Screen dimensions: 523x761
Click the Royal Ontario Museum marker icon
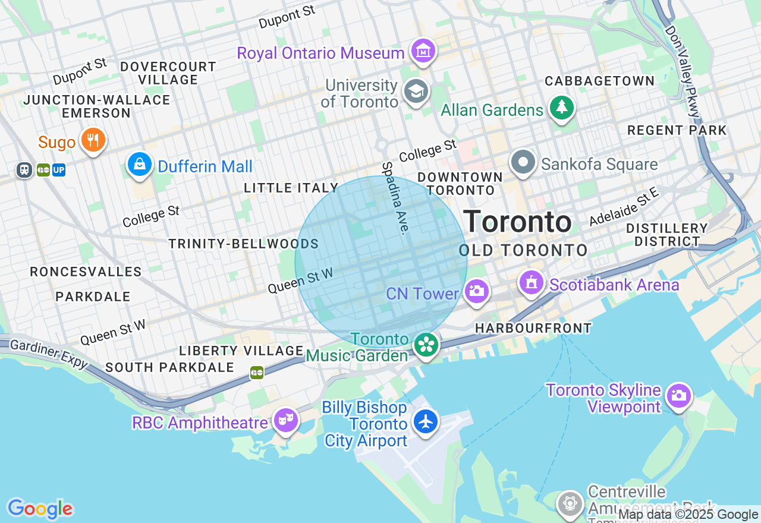point(423,52)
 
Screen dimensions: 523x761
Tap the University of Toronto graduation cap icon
point(416,92)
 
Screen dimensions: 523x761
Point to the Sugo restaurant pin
point(92,140)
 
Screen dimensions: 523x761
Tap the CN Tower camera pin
point(476,291)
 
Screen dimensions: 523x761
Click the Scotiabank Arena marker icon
point(532,282)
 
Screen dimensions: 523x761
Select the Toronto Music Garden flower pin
point(426,345)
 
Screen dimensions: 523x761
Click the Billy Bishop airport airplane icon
point(426,421)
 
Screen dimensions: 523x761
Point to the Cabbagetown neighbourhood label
point(599,81)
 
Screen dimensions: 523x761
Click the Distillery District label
point(666,235)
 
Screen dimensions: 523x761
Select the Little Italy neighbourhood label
point(291,188)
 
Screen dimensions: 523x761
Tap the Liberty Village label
point(241,351)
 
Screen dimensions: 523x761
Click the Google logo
point(40,509)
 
